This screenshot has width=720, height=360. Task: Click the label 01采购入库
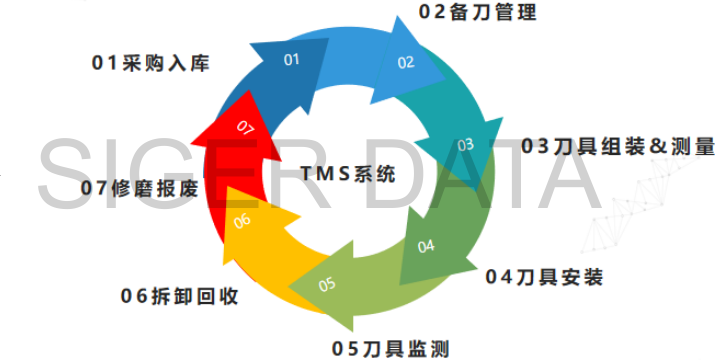coord(151,63)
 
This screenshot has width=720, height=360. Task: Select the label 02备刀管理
coord(478,12)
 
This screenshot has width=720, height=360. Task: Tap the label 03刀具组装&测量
coord(618,146)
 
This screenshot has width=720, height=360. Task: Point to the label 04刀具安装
coord(544,277)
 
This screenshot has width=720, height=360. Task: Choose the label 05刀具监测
coord(390,349)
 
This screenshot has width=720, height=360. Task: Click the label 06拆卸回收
coord(180,296)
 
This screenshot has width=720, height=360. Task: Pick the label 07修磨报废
coord(140,188)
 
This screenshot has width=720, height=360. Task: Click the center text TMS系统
coord(348,174)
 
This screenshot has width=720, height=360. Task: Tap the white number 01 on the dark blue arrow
coord(292,60)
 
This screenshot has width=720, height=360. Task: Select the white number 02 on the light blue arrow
coord(406,62)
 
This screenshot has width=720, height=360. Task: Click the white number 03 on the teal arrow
coord(465,145)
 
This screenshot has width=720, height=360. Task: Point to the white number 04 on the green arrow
coord(426,247)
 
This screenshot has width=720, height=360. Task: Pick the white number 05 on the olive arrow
coord(327,285)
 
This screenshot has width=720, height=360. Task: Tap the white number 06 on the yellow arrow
coord(242,221)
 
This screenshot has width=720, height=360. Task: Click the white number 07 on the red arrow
coord(245,128)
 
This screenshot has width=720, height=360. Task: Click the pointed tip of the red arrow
coord(191,143)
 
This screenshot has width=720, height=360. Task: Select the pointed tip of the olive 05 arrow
coord(289,287)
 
